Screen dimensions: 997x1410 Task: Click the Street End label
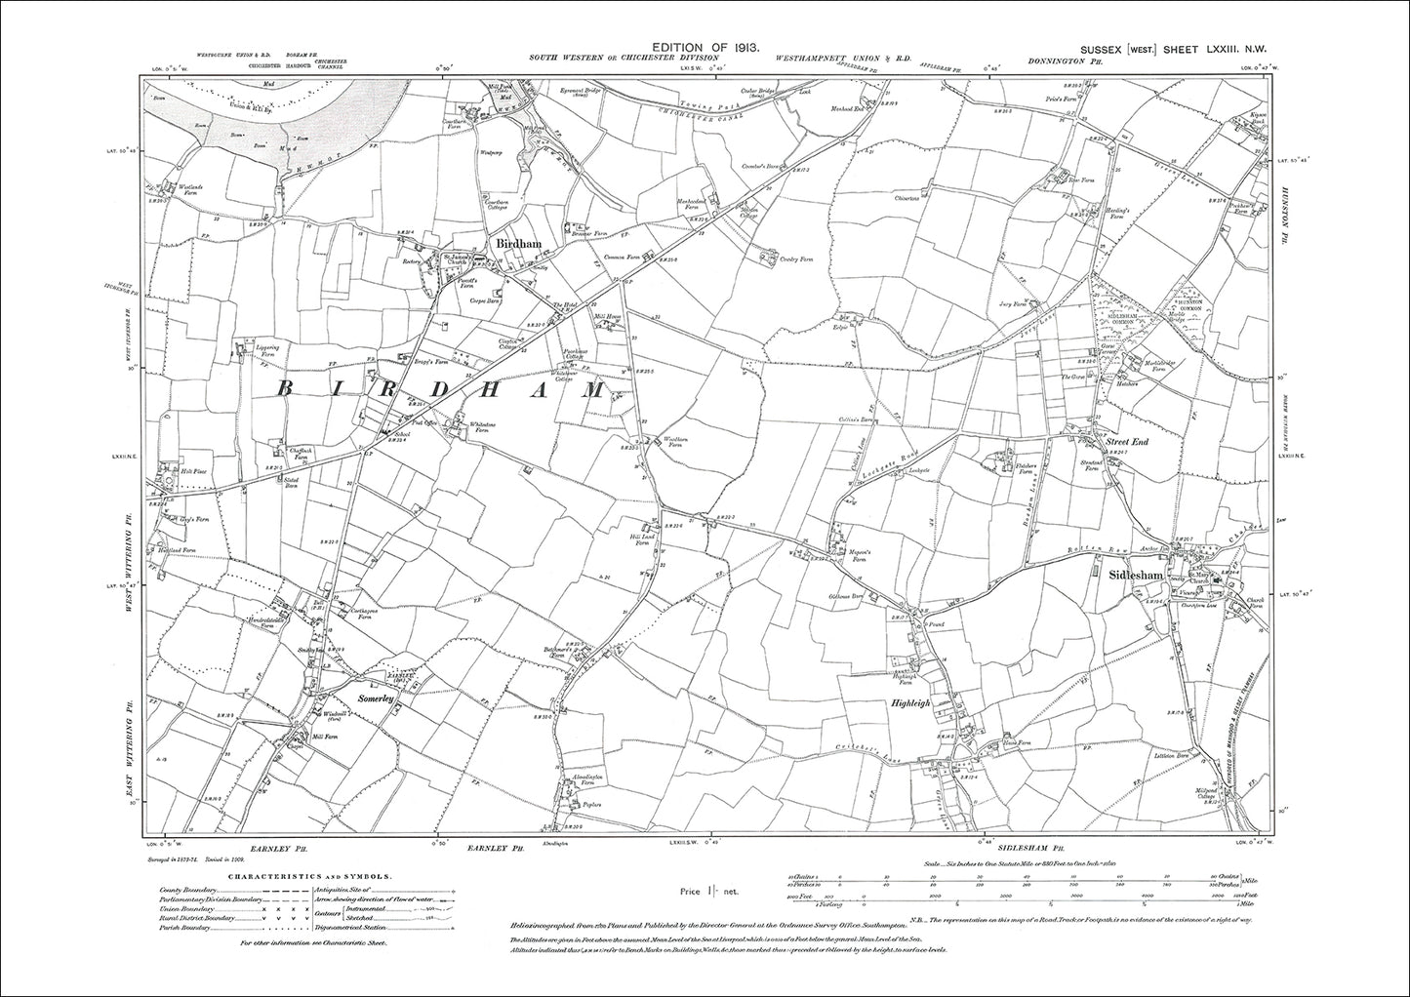1127,443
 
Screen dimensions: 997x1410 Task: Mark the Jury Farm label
1023,303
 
